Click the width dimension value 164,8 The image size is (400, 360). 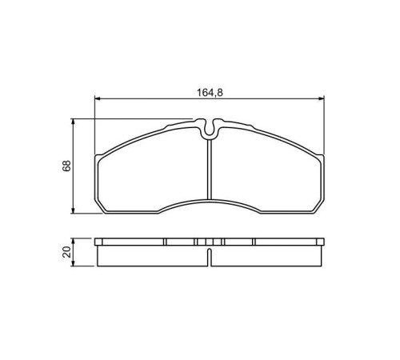click(210, 93)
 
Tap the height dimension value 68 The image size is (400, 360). click(66, 166)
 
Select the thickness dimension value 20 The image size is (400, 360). click(66, 252)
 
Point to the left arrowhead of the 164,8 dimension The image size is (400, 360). click(98, 99)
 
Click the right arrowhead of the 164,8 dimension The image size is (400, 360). click(322, 99)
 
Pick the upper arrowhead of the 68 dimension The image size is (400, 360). click(73, 122)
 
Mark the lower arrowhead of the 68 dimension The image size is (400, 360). click(73, 210)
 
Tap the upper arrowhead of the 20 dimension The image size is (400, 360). click(73, 241)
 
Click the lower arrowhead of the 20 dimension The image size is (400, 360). click(73, 263)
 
